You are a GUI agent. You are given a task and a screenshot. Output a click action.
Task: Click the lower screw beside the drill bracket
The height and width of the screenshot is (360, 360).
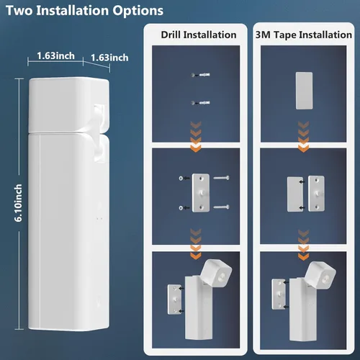[222, 208]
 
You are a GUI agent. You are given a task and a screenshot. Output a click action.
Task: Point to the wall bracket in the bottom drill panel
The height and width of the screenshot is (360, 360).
[174, 301]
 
